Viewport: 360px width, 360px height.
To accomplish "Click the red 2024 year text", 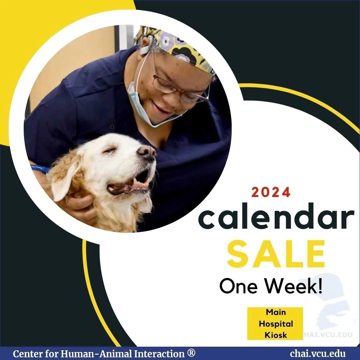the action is [271, 192].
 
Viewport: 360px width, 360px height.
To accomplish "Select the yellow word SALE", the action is [276, 254].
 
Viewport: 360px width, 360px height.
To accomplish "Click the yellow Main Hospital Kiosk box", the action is [275, 323].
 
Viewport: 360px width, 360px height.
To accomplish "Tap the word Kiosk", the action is [276, 335].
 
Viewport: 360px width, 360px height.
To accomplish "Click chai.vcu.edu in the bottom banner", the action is [318, 354].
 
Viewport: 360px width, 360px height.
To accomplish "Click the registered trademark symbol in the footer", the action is [191, 353].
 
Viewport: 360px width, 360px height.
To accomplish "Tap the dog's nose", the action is [147, 153].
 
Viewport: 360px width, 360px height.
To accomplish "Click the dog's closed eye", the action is [110, 150].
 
